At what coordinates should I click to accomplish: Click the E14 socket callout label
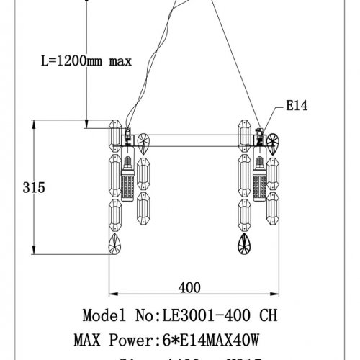(298, 106)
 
